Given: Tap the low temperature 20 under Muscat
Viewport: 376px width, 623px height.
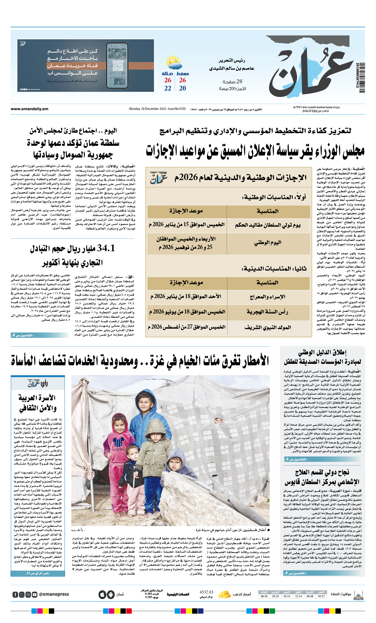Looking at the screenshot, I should click(182, 88).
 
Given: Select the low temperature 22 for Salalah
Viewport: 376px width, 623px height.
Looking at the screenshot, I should click(168, 88).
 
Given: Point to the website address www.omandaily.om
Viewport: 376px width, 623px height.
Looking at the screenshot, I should click(29, 109).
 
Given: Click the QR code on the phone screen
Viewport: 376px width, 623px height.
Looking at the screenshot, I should click(117, 66).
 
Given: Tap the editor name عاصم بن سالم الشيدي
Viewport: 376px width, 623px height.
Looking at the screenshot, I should click(232, 68).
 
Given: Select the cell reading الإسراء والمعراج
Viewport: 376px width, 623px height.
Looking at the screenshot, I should click(268, 297).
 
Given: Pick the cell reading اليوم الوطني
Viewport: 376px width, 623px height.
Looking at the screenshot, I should click(268, 243).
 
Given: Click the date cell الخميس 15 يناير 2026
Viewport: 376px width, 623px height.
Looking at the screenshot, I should click(187, 224).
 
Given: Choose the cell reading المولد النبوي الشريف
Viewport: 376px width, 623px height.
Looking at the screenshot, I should click(268, 327).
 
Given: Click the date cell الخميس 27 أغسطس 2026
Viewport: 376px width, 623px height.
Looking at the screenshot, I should click(187, 327).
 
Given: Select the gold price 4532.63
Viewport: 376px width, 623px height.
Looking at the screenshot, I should click(206, 592).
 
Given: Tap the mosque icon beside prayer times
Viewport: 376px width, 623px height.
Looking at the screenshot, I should click(359, 595).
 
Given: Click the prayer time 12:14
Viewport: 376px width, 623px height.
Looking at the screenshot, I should click(298, 596).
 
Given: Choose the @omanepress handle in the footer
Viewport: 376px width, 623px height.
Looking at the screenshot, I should click(54, 594).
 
